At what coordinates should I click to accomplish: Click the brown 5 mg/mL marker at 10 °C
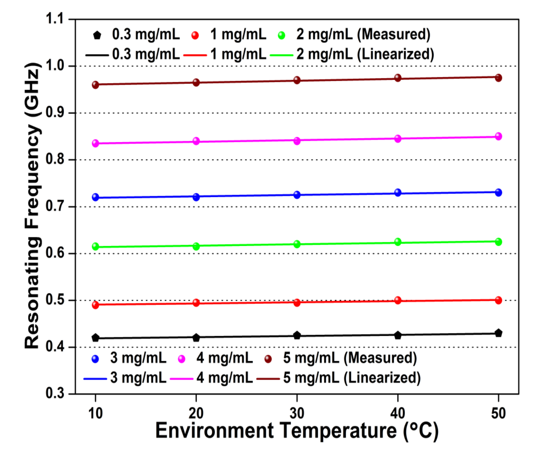(x=95, y=85)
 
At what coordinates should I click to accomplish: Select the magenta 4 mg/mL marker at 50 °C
(x=498, y=136)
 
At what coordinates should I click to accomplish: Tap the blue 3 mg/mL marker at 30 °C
(x=297, y=195)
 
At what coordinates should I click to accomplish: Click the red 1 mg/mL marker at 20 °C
(x=196, y=303)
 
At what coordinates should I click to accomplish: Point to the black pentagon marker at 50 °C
(x=498, y=333)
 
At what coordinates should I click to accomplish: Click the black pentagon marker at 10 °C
(x=95, y=338)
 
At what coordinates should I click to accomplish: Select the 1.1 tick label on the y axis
(x=55, y=19)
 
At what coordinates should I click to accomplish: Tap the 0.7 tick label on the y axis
(x=55, y=206)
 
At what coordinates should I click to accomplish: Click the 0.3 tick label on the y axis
(x=55, y=393)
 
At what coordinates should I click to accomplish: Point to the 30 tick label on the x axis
(x=297, y=413)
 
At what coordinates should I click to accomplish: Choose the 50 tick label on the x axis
(x=498, y=413)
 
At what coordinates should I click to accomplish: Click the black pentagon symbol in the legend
(x=97, y=35)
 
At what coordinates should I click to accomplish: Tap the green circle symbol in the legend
(x=281, y=35)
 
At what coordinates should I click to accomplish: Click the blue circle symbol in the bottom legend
(x=95, y=359)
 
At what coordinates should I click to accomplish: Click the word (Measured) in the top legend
(x=394, y=34)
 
